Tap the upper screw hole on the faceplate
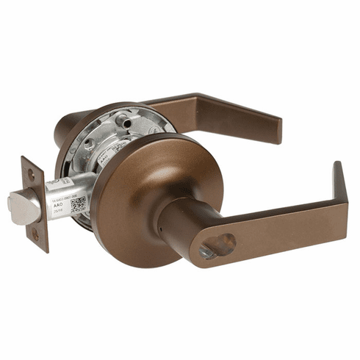click(x=31, y=174)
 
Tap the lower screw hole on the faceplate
click(x=33, y=235)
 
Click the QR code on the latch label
click(x=78, y=204)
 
